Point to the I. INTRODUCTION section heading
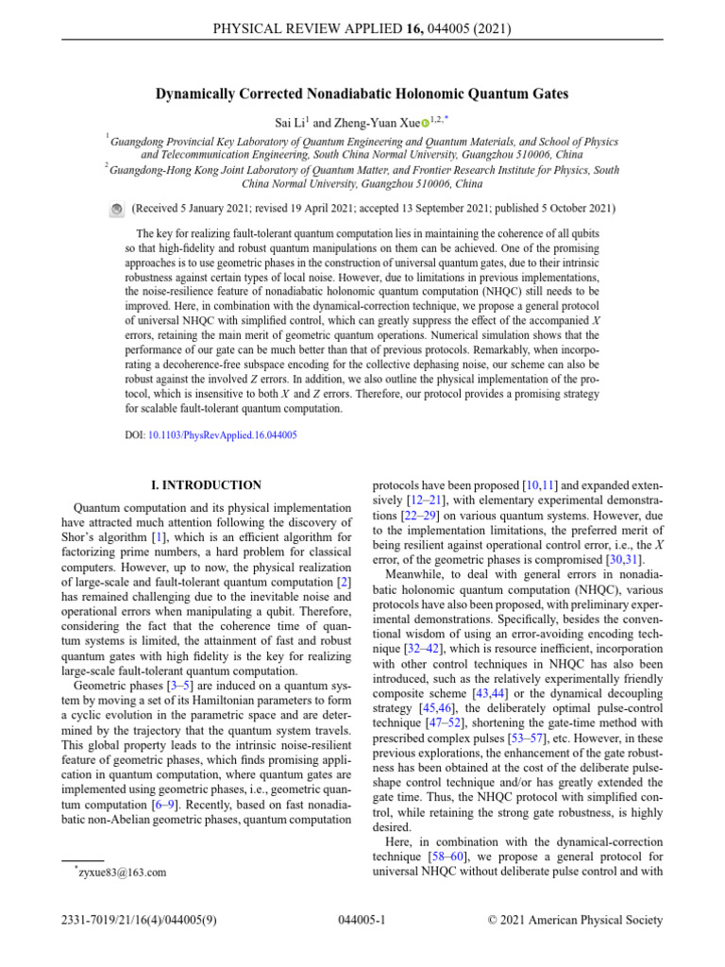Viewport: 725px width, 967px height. point(207,485)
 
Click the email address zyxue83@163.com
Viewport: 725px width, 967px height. point(120,873)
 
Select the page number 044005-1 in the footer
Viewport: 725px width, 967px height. point(362,920)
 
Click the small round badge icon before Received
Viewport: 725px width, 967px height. point(116,208)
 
